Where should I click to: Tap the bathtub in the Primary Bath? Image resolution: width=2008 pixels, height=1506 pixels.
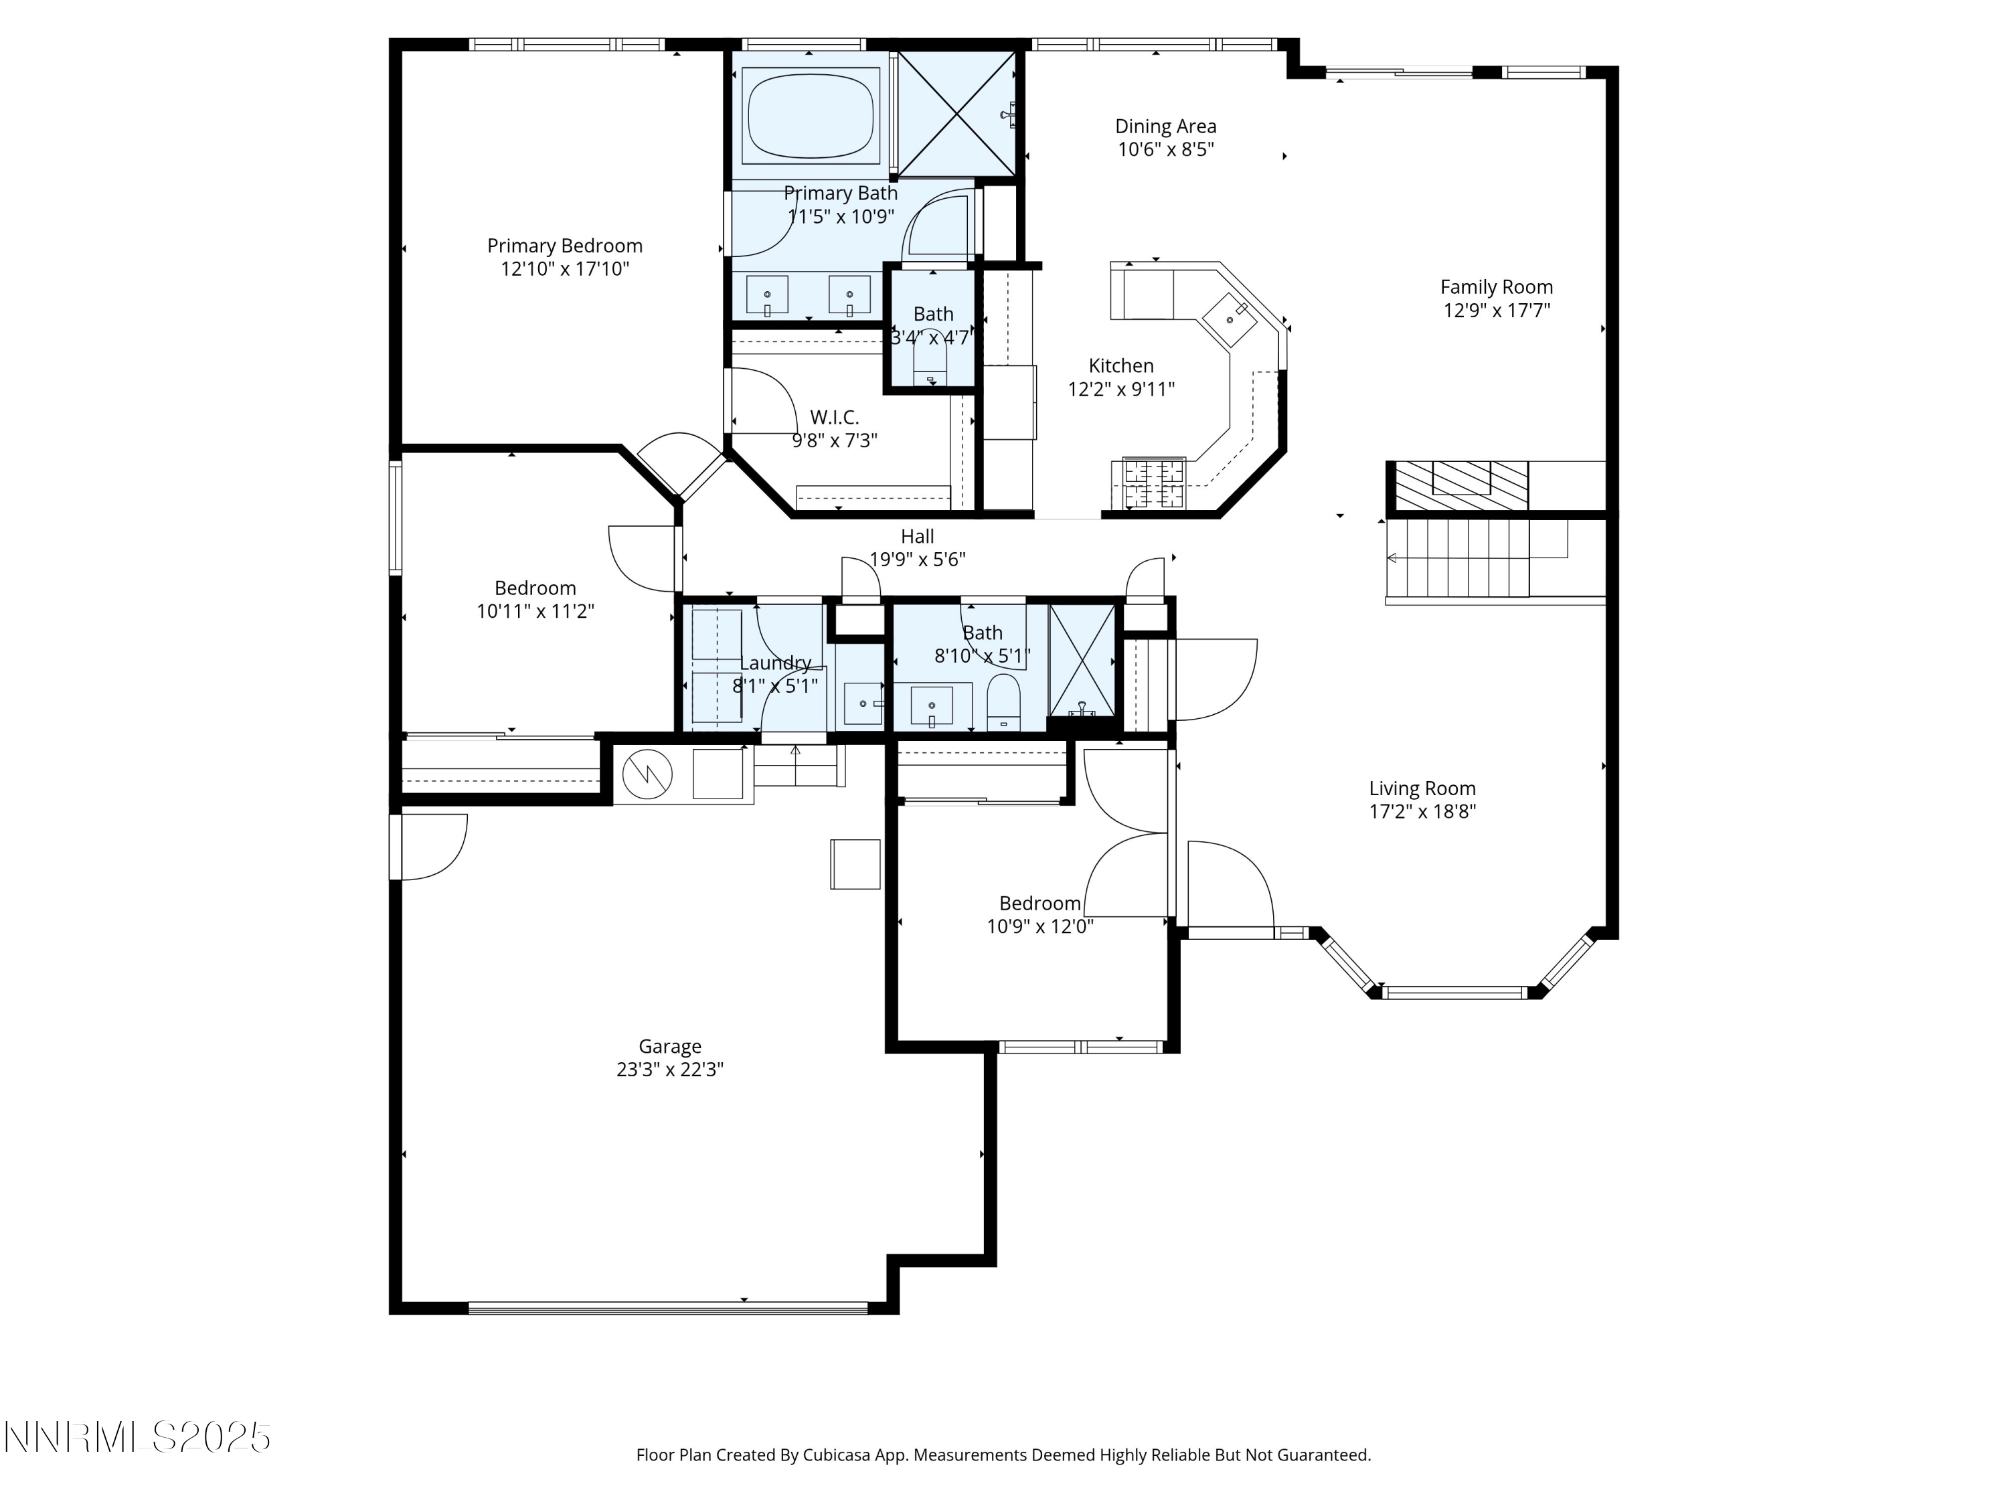pos(810,115)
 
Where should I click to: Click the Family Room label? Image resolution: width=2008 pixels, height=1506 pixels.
pos(1496,288)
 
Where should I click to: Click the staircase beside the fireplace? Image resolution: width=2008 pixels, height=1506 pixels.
pos(1458,558)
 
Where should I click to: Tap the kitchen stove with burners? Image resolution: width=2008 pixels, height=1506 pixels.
pos(1154,483)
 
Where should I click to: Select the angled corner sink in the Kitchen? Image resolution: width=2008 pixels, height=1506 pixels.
pos(1230,319)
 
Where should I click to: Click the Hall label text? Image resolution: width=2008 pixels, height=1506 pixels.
pos(917,537)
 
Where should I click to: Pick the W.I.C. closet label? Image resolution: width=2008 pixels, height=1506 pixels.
pos(834,418)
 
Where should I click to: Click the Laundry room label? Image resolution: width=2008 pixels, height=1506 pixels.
pos(774,663)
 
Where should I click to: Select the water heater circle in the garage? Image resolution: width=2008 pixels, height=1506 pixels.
pos(647,774)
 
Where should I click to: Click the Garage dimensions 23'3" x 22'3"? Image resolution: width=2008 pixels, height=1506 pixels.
pos(670,1070)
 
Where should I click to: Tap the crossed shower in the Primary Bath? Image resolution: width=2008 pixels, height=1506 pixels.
pos(956,114)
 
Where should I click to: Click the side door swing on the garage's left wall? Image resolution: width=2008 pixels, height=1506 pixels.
pos(431,846)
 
